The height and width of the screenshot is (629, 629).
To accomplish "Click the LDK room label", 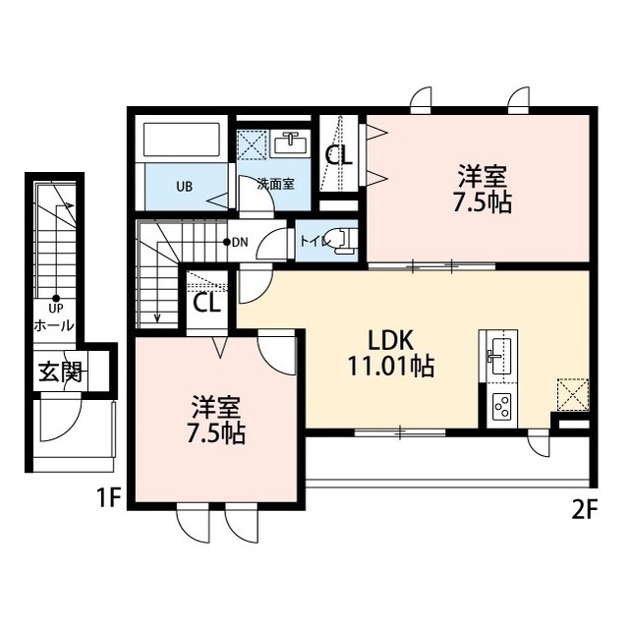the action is point(391,341).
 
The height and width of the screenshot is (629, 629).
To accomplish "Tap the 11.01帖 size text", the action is point(391,366).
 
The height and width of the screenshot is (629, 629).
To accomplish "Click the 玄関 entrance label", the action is point(60,372).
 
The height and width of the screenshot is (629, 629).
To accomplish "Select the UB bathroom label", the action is point(185,187).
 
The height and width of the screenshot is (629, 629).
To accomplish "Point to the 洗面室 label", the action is point(275,184).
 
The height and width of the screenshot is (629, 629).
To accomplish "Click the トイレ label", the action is point(315,242).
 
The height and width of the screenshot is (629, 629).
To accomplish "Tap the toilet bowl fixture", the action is point(343,241).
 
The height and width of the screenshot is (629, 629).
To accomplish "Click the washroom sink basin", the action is point(289,143).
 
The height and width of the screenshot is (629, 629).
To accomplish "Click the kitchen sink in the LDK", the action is point(500,354).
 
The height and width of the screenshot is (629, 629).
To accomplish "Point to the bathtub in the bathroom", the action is point(182,140).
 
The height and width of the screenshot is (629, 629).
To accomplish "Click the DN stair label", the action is point(240,242).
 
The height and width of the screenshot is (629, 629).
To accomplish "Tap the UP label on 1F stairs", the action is point(55,309).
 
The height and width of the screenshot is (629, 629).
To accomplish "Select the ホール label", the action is point(54,324).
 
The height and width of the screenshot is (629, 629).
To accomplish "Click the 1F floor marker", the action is point(108,499).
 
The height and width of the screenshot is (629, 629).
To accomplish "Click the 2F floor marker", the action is point(586,511).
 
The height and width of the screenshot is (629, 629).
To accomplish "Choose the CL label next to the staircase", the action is point(206,304).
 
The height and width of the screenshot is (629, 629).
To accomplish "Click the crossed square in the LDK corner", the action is point(572,395).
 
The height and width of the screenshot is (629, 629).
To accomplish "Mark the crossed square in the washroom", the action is point(252,143).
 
